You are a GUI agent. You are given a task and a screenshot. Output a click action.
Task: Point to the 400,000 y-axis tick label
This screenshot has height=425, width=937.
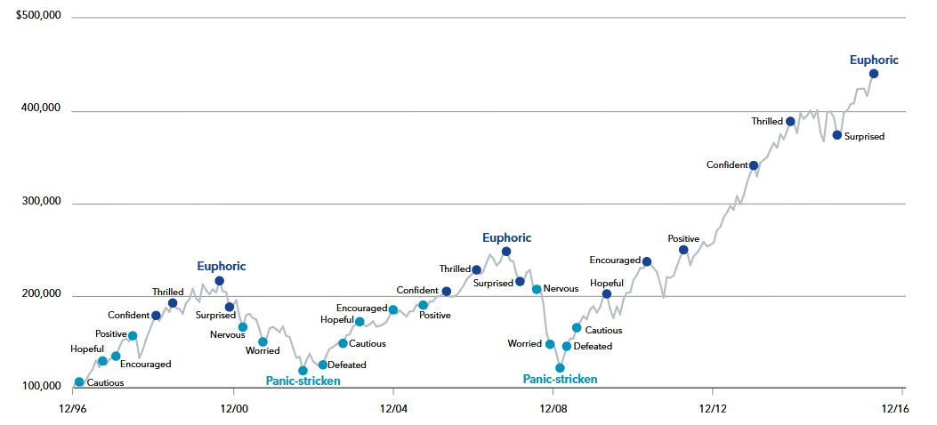40,109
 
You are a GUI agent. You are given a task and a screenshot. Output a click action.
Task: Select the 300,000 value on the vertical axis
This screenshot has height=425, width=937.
40,202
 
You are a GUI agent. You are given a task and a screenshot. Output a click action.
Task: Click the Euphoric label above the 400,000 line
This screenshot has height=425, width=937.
874,60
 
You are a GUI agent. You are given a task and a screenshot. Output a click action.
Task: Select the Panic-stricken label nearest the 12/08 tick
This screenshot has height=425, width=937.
560,380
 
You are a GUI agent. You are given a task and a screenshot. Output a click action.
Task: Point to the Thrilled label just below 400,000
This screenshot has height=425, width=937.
766,122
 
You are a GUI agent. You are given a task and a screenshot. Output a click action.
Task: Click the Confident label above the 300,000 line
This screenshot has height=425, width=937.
726,165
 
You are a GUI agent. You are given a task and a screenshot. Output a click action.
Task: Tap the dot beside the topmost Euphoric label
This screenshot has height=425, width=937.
873,74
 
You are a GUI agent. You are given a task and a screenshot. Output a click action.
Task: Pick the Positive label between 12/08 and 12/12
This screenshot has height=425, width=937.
683,238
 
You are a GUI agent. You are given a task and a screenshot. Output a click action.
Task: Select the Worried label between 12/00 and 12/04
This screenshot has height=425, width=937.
263,351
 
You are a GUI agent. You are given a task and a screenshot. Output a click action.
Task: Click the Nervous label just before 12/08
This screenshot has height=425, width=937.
561,288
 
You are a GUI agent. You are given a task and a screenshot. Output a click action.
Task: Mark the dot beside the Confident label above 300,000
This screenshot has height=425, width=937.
754,165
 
